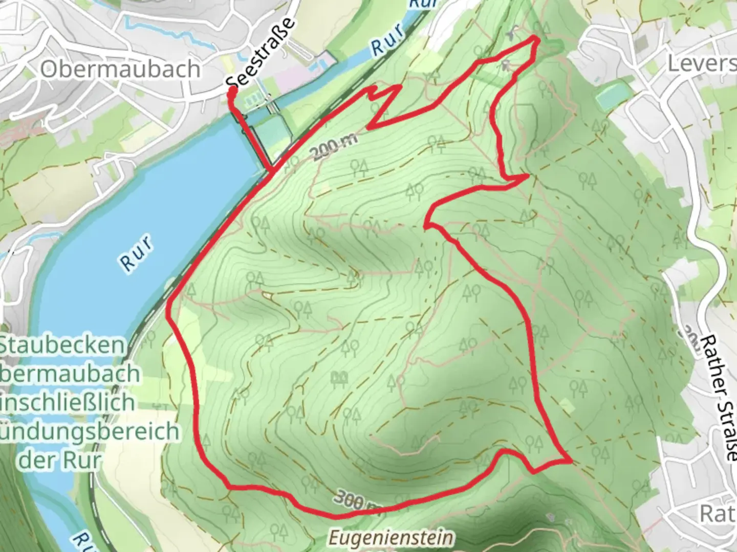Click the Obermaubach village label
point(120,69)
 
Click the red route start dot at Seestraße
point(232,92)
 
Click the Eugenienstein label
point(391,538)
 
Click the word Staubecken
point(61,346)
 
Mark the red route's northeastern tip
point(537,38)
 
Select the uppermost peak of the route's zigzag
point(399,87)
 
